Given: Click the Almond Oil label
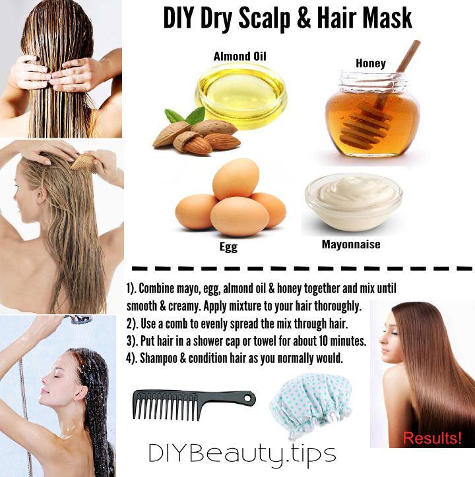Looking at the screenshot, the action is pos(239,57).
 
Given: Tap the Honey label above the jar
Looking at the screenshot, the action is pos(371,63).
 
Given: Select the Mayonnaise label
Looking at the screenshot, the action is pos(351,244).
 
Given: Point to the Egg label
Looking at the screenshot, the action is pos(228,246).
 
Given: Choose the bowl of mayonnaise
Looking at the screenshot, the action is pos(354,202).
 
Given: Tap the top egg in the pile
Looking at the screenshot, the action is pos(236,179).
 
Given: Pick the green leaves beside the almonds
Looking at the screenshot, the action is pos(185,116).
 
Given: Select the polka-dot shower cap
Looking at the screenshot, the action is pos(311,406).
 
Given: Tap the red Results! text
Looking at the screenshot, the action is pos(432,438).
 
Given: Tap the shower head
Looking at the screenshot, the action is pos(79,319).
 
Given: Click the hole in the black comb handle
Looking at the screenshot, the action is pos(248,398).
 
